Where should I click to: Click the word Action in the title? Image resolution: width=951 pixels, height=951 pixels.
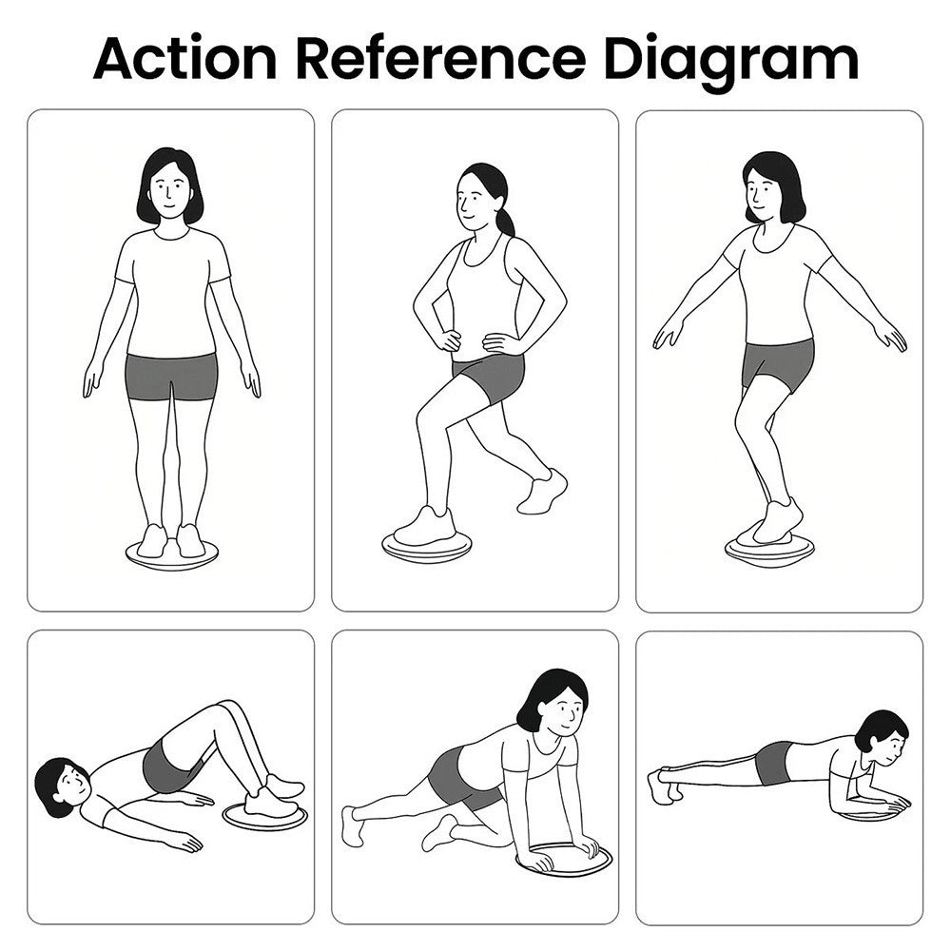[x=185, y=58]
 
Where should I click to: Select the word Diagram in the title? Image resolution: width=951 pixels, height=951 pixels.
[x=731, y=63]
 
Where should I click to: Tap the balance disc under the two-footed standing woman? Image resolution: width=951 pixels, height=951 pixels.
[x=172, y=556]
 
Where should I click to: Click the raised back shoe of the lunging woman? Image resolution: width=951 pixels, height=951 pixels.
[x=542, y=492]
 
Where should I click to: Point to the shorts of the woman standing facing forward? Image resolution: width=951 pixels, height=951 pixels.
[x=171, y=378]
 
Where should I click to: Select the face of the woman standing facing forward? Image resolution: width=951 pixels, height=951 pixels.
[x=170, y=191]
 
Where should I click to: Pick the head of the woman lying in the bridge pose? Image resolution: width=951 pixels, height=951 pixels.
[x=63, y=786]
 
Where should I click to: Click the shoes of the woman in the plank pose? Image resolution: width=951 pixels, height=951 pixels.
[x=662, y=786]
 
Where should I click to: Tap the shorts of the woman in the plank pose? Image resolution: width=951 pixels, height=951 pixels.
[x=774, y=763]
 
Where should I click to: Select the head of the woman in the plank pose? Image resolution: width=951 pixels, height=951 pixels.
[x=882, y=739]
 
